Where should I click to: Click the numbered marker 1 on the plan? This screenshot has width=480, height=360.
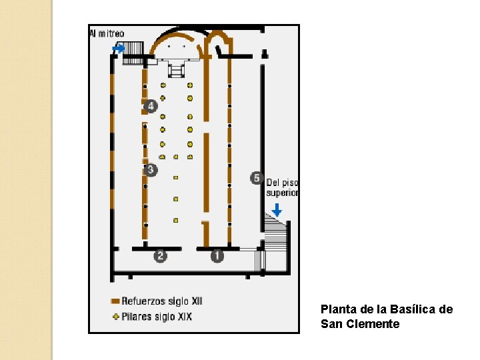pos(217,255)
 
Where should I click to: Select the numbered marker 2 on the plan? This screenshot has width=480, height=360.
pos(160,255)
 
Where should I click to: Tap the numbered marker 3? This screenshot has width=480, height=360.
pos(151,169)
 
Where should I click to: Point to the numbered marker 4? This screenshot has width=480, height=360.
pos(151,106)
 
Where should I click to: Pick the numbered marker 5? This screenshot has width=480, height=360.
pos(257,178)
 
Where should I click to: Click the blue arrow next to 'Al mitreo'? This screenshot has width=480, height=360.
pos(119,48)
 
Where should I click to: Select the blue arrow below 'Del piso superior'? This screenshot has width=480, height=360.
pos(277,209)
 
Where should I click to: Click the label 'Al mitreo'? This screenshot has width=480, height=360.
pos(107,33)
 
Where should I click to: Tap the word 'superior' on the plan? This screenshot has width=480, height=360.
pos(283,193)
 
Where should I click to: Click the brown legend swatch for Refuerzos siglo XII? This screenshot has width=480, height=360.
pos(115,301)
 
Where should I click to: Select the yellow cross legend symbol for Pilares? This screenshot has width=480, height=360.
pos(115,316)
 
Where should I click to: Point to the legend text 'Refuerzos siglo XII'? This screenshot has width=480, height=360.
pos(161,301)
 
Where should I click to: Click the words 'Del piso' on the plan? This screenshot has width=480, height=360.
pos(282,183)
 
